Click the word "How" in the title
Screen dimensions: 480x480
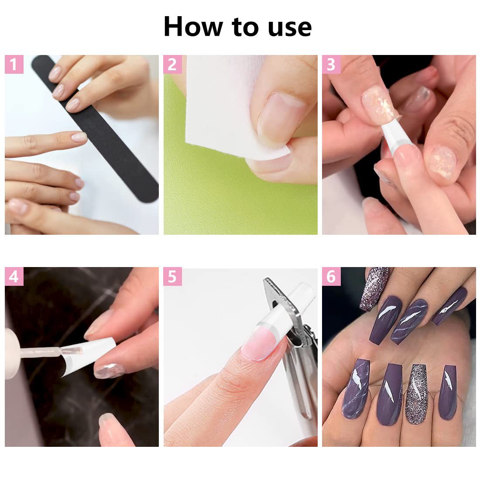pos(193,27)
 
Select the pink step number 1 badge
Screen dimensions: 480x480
pos(14,64)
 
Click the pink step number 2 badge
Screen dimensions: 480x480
pos(173,64)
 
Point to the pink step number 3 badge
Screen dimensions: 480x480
pos(331,64)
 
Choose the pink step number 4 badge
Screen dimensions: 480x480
pos(14,276)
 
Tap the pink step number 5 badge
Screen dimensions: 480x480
pos(173,276)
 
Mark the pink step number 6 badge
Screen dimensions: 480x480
pos(331,276)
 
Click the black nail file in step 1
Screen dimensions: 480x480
pos(95,129)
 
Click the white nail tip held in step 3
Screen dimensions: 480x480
pos(395,135)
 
